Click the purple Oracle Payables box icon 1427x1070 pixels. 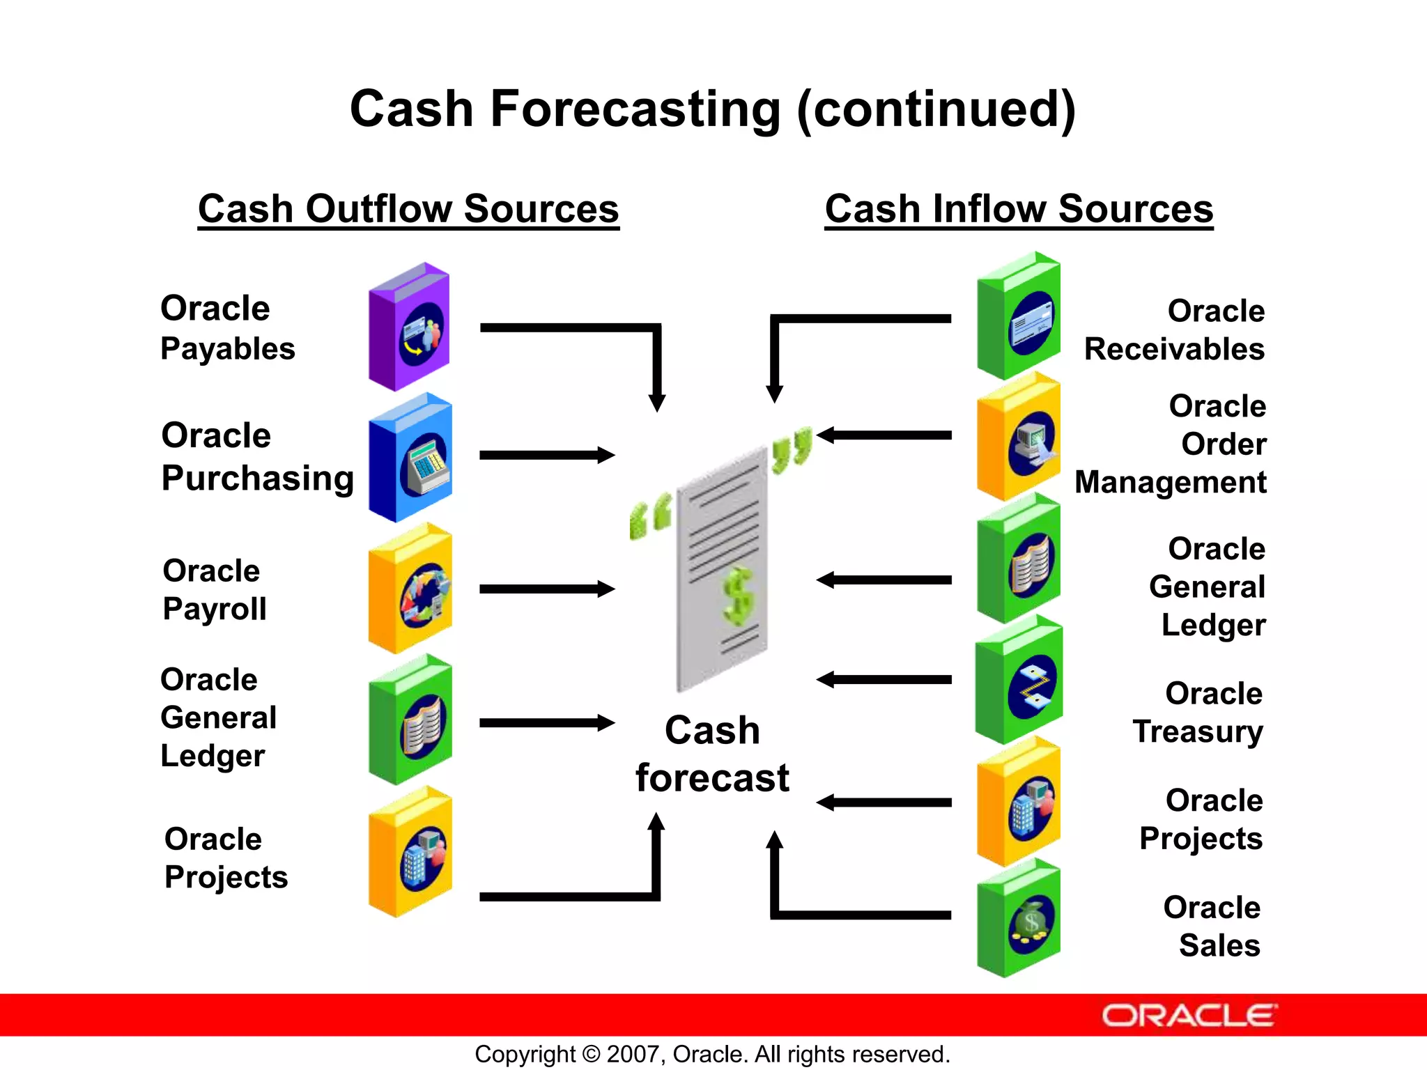click(x=409, y=327)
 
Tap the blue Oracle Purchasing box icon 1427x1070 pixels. click(x=410, y=458)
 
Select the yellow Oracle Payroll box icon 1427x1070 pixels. click(x=410, y=589)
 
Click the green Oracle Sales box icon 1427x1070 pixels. click(x=1019, y=919)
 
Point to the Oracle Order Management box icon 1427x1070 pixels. click(x=1019, y=437)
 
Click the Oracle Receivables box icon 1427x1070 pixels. click(x=1019, y=316)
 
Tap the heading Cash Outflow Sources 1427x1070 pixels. click(x=408, y=209)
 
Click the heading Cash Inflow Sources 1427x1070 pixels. click(x=1019, y=209)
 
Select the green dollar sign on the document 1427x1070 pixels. click(x=738, y=596)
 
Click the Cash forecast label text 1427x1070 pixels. click(x=712, y=754)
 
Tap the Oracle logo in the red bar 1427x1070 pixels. click(x=1189, y=1016)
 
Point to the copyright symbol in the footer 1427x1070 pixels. click(x=591, y=1054)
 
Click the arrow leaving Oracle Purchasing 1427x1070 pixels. click(x=546, y=456)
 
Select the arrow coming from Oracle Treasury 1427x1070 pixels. click(x=884, y=680)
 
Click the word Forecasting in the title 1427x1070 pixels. click(x=635, y=109)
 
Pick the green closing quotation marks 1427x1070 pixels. click(x=792, y=449)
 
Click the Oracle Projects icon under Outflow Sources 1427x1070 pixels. click(x=410, y=852)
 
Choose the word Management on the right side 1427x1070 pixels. click(x=1170, y=483)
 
